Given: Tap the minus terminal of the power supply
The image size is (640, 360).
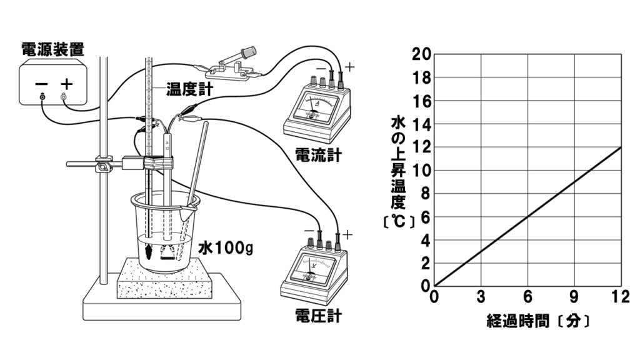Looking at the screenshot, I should (x=42, y=96).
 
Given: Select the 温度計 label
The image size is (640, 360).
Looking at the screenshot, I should (x=189, y=89).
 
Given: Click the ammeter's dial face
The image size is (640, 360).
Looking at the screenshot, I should (x=315, y=104).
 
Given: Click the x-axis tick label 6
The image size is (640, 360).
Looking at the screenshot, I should (x=527, y=296).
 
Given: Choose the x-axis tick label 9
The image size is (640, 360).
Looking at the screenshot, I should (x=574, y=296).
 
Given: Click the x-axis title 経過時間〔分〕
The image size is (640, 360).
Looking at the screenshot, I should (x=538, y=322).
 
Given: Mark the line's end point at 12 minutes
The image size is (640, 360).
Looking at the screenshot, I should (x=621, y=147).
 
